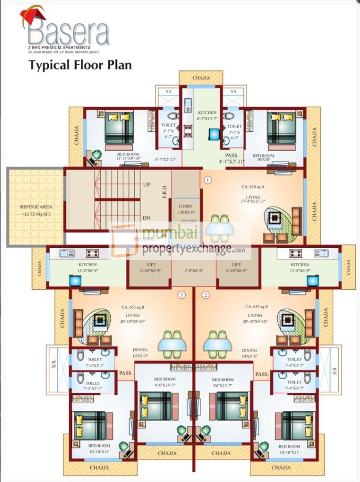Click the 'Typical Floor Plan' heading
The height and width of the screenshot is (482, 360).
tap(80, 65)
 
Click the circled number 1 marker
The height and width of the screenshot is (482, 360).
tap(208, 180)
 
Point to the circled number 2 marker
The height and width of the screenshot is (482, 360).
tap(206, 295)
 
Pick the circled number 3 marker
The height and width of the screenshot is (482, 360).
tap(181, 295)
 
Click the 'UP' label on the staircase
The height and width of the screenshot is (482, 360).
tap(147, 185)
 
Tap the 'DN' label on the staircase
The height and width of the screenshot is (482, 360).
tap(147, 217)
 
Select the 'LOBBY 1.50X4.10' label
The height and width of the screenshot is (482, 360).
tap(185, 209)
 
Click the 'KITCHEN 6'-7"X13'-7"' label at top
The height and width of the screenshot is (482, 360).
tap(207, 116)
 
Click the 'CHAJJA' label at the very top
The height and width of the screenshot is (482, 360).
tap(200, 78)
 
